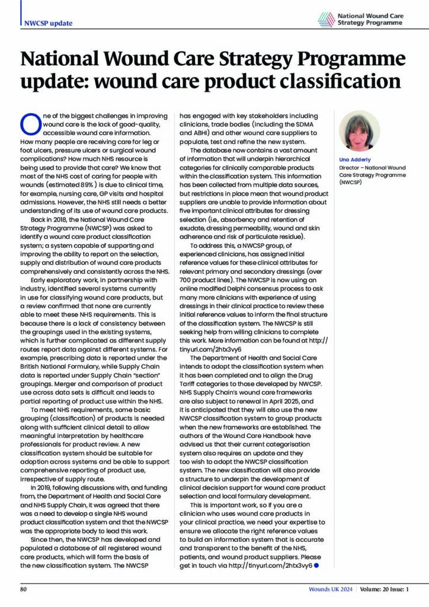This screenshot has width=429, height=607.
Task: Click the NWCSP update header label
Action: pos(49,23)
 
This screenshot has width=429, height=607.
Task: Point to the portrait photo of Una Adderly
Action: pos(358,130)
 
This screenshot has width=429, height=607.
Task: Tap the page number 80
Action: pos(24,590)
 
